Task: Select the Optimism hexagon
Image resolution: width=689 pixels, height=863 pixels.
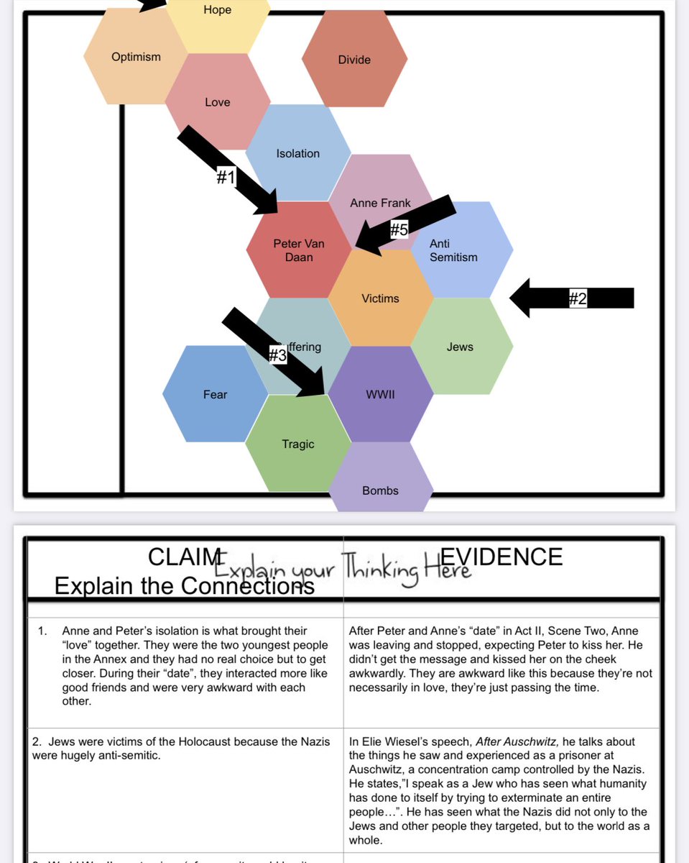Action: [x=136, y=57]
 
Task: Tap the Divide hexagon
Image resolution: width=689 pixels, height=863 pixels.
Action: [x=354, y=60]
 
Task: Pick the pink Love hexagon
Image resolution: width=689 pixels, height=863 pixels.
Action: [x=217, y=102]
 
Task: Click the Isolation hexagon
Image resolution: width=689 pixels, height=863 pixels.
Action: [x=297, y=153]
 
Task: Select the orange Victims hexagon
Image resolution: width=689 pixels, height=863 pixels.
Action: [x=380, y=298]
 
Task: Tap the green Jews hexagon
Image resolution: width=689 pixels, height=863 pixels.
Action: [x=460, y=347]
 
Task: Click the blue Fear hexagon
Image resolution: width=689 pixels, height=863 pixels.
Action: [x=215, y=394]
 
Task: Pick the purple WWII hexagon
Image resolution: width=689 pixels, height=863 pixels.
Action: [x=381, y=395]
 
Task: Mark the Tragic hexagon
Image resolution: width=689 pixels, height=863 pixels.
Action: [x=298, y=444]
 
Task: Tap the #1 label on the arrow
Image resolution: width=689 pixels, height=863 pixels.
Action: [x=226, y=177]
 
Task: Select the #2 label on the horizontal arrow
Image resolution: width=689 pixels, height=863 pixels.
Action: [x=578, y=298]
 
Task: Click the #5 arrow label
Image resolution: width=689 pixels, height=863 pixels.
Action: [x=399, y=230]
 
